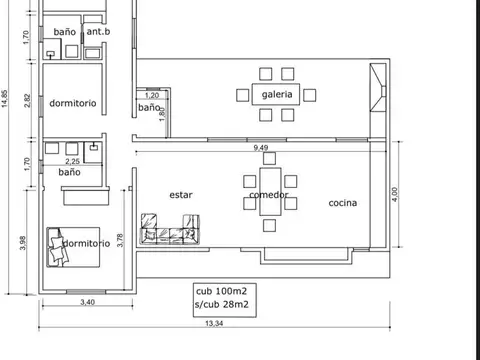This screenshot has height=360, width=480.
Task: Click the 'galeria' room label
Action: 277,95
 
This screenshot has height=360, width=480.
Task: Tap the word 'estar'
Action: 181,195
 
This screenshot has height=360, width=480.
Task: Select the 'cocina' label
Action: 343,203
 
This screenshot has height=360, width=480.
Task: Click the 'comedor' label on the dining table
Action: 269,195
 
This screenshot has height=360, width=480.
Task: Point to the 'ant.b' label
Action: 98,31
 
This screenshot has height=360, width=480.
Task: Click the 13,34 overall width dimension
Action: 214,323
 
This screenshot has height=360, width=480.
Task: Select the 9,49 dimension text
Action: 261,147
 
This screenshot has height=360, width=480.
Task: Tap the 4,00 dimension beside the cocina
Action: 395,194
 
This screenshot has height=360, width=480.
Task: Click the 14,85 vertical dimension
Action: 5,98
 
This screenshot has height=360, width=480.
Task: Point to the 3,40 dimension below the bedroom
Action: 87,302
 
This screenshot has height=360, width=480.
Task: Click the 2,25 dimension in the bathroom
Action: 72,161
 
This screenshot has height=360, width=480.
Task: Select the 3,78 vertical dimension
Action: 120,240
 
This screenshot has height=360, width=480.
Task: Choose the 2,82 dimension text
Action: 27,101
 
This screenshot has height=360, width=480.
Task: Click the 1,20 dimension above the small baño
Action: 152,95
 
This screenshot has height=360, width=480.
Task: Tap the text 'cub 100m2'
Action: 222,291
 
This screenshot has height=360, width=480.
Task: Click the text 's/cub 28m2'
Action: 222,304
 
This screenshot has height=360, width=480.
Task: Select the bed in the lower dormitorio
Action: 73,247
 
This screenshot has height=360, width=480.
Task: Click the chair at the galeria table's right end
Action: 309,95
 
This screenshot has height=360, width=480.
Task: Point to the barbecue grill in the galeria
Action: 378,87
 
